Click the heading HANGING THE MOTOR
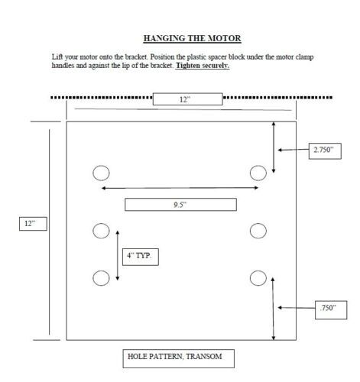click(x=192, y=38)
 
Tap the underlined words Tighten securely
click(x=203, y=66)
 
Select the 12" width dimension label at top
click(x=188, y=99)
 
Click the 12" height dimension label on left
click(x=33, y=224)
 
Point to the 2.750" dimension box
click(x=325, y=151)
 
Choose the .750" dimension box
click(x=331, y=310)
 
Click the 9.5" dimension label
click(x=180, y=205)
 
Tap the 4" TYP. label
click(x=141, y=257)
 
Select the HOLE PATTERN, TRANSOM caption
click(x=178, y=358)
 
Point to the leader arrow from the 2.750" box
click(x=294, y=150)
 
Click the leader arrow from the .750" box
click(x=297, y=308)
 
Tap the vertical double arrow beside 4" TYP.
click(x=118, y=255)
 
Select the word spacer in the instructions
click(x=217, y=57)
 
